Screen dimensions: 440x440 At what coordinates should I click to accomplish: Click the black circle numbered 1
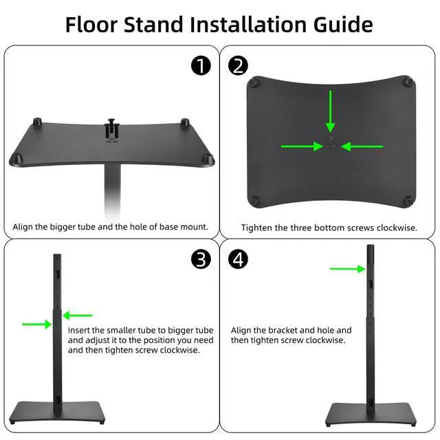(201, 65)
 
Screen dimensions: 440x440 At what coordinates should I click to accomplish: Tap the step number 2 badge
(238, 65)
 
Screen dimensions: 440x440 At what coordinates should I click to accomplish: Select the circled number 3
(201, 259)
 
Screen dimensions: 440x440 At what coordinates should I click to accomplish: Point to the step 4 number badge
(238, 259)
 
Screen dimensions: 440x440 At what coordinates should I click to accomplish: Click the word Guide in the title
(343, 25)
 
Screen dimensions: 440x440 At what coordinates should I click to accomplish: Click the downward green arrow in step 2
(331, 111)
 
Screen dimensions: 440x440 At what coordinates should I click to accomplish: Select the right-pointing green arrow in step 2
(302, 146)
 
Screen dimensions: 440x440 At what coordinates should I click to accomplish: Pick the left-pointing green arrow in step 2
(362, 146)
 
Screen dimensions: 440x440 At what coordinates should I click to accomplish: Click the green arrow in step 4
(348, 269)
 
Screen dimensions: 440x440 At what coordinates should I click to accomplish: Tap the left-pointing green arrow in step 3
(78, 316)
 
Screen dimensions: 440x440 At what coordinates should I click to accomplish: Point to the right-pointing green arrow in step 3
(37, 324)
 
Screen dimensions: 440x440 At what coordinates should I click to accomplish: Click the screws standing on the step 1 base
(111, 128)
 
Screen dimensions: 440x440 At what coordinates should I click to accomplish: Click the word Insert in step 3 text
(79, 330)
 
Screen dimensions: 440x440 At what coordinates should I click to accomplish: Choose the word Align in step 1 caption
(23, 227)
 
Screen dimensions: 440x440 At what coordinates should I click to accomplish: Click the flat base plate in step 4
(371, 414)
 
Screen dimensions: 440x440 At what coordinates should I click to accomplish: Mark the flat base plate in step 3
(57, 412)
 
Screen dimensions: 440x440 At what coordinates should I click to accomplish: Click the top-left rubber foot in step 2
(254, 82)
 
